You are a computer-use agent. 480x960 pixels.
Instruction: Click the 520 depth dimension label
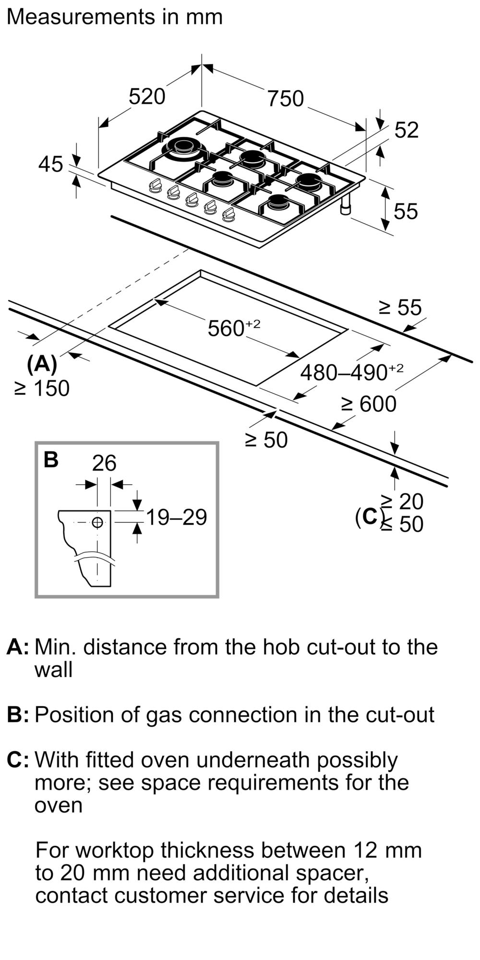pos(147,96)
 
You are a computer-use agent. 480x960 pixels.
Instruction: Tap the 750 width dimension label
pos(286,99)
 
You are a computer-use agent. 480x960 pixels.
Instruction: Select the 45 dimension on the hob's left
pos(51,164)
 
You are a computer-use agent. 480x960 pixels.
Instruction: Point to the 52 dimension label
pos(407,130)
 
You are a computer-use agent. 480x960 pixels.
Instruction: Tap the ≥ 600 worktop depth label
pos(369,404)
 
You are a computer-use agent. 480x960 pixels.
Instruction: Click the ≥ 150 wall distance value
pos(42,388)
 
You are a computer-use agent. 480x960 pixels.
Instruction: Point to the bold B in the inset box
pos(51,459)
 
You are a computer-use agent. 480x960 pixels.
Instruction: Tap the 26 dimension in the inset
pos(104,463)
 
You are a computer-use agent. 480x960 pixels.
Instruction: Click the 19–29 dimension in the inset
pos(176,517)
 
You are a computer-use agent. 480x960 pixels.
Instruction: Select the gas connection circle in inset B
pos(97,522)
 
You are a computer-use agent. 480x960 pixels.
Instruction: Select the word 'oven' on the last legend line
pos(59,804)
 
